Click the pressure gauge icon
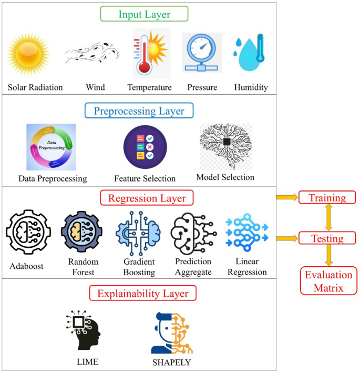pos(202,52)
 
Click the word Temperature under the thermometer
pos(149,87)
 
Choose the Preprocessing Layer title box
pos(139,111)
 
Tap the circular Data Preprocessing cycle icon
pos(51,147)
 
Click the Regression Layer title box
pos(147,198)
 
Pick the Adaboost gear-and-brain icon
pos(27,232)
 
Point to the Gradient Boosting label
pos(139,267)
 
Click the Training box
pos(327,198)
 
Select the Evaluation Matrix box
pos(328,280)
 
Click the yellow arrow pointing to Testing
pos(286,238)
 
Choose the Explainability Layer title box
pos(143,293)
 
